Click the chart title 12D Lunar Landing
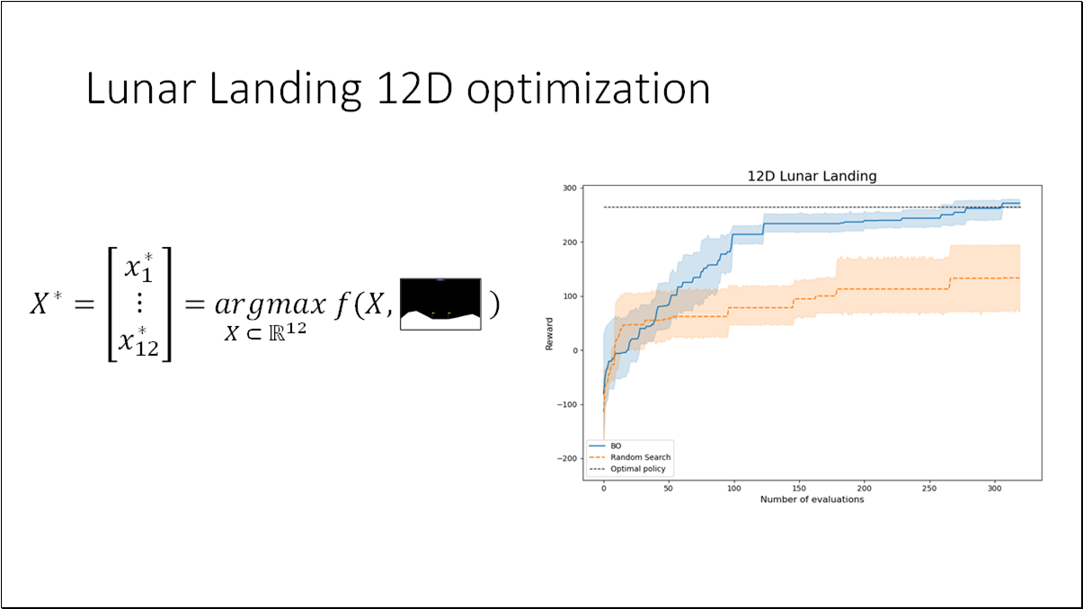(x=812, y=177)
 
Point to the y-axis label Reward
(x=549, y=332)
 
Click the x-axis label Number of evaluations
(x=812, y=499)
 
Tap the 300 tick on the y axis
(x=569, y=188)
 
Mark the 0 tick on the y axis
(x=573, y=350)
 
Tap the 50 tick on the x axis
(x=669, y=489)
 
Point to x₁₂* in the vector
(x=140, y=342)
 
